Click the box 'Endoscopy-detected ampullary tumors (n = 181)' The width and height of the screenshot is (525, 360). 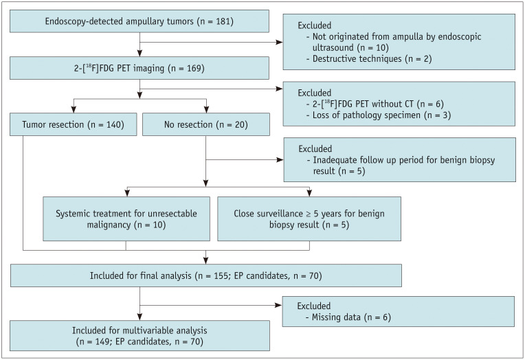tap(139, 21)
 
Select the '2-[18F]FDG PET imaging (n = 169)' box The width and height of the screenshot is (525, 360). tap(139, 68)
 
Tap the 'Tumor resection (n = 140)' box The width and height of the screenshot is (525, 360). tap(74, 124)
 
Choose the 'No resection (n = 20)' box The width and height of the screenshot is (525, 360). tap(206, 124)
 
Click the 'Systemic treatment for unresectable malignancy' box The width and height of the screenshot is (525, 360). tap(126, 218)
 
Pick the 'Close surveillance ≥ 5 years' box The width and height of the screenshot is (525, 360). tap(309, 218)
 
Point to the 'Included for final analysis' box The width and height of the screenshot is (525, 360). tap(206, 275)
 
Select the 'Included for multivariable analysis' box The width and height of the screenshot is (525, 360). tap(139, 335)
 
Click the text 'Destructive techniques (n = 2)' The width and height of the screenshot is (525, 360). tap(369, 58)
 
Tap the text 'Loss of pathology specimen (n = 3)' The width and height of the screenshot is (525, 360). tap(379, 115)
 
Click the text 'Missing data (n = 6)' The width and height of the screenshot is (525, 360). tap(348, 317)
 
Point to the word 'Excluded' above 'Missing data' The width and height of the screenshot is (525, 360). tap(314, 306)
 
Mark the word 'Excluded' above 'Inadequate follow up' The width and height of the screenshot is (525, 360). tap(315, 148)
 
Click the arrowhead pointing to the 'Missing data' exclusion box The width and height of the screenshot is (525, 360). tap(278, 305)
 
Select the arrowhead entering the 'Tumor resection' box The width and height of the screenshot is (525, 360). tap(74, 109)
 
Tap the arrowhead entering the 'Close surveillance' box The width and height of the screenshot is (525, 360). tap(309, 193)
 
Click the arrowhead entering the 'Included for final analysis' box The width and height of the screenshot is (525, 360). tap(206, 260)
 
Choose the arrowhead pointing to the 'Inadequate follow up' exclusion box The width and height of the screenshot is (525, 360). tap(280, 160)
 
